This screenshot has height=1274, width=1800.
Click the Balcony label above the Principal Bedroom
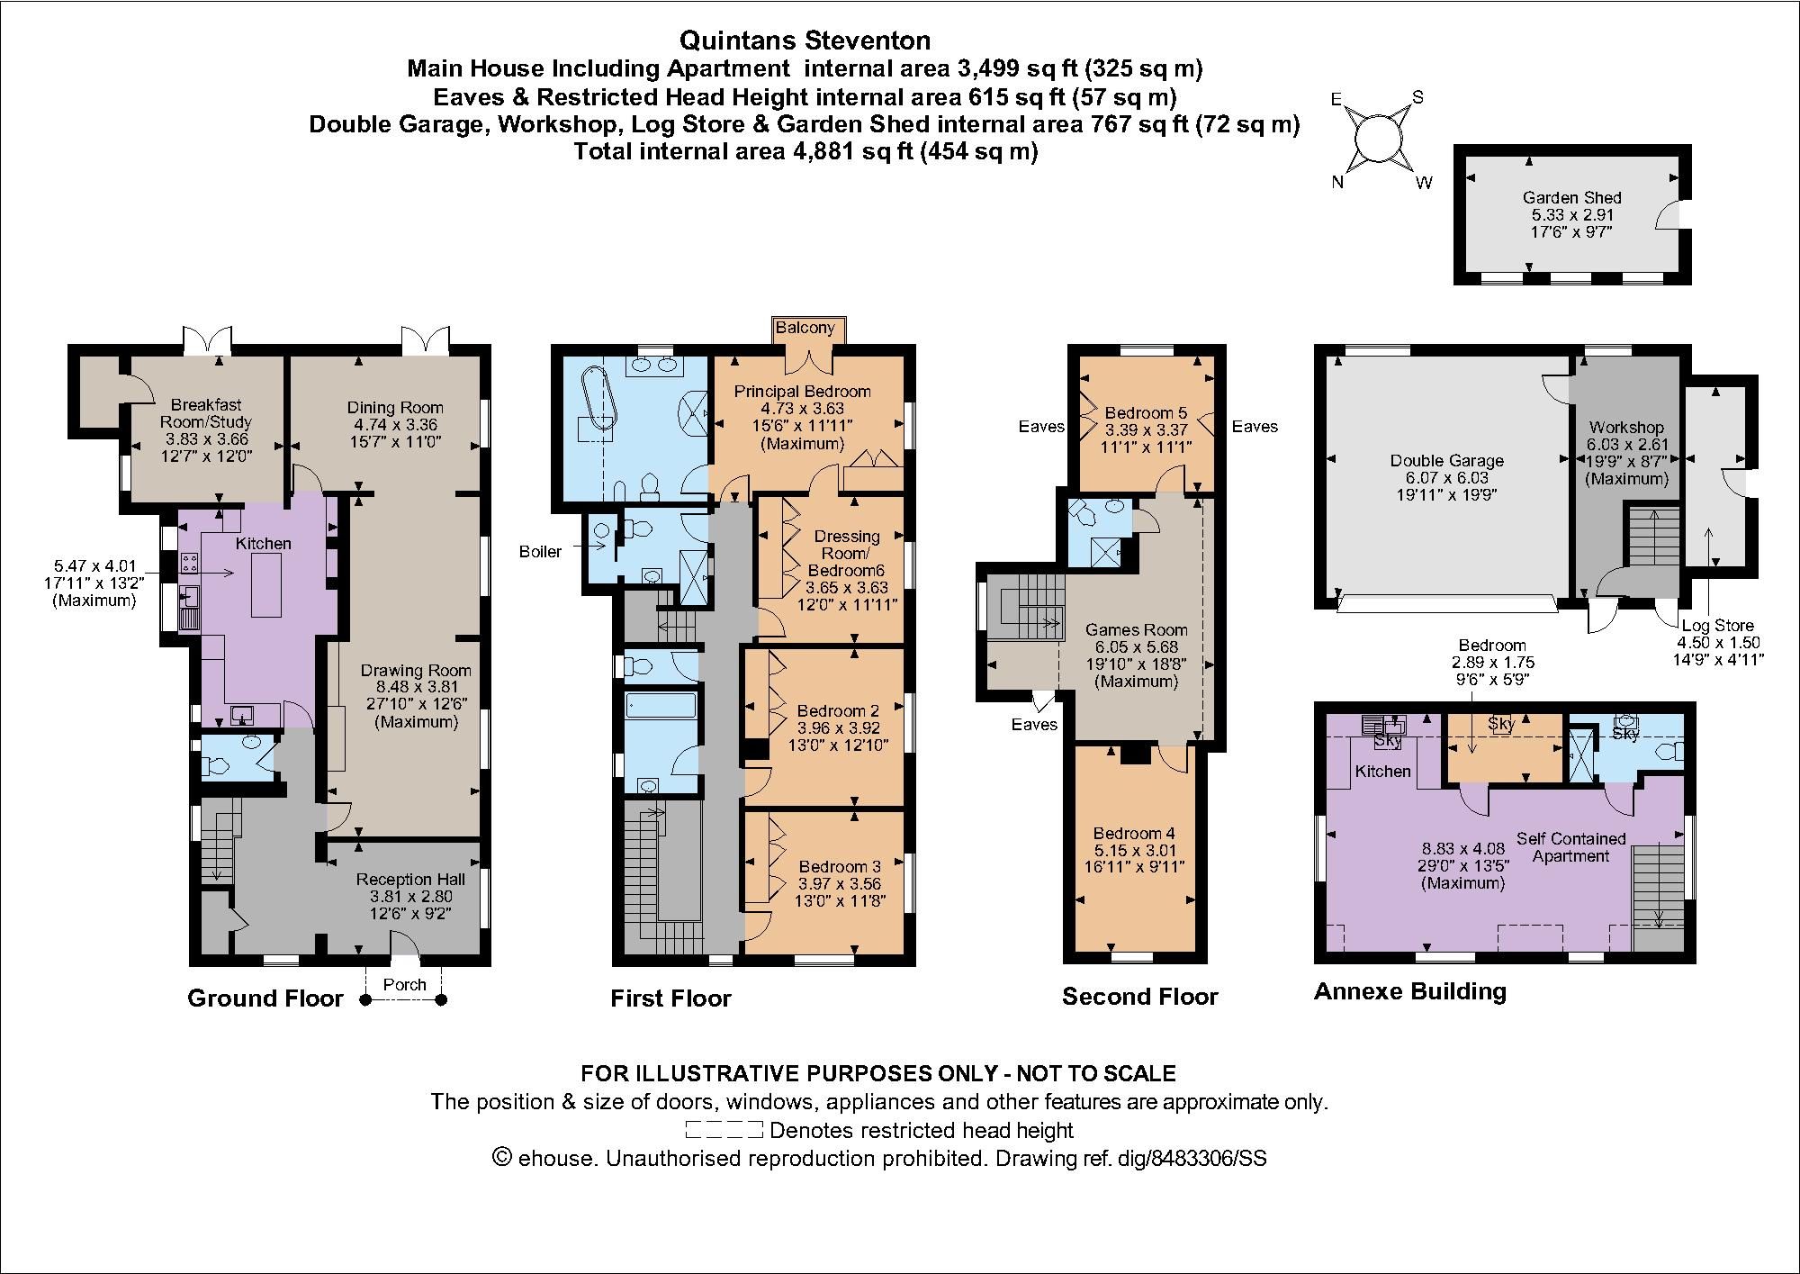(805, 328)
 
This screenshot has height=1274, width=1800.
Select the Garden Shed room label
(1571, 198)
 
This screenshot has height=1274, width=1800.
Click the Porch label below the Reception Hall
(404, 984)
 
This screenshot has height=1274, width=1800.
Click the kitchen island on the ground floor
(266, 585)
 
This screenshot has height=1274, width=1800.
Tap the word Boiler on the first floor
(540, 552)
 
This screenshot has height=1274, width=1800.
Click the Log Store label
(1717, 626)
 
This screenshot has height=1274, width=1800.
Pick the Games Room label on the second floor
(1136, 630)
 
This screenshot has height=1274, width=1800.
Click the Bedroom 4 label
(1133, 834)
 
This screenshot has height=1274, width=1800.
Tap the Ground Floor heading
(265, 998)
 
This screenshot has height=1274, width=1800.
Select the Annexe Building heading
(1409, 992)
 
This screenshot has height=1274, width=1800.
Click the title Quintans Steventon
(805, 41)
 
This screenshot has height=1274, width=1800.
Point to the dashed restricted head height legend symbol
(724, 1130)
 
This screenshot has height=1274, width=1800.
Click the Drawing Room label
(416, 671)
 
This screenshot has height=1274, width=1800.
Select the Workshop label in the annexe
(1625, 428)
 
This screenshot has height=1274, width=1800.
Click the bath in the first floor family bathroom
(660, 705)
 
